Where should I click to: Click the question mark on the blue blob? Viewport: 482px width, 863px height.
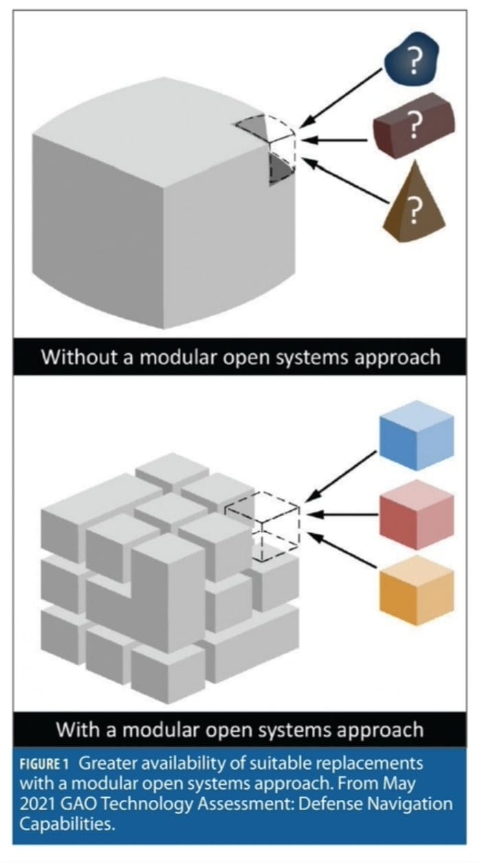pos(413,64)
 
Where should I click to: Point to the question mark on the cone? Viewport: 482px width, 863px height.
pos(413,214)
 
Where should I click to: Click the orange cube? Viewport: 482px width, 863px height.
pos(417,588)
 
